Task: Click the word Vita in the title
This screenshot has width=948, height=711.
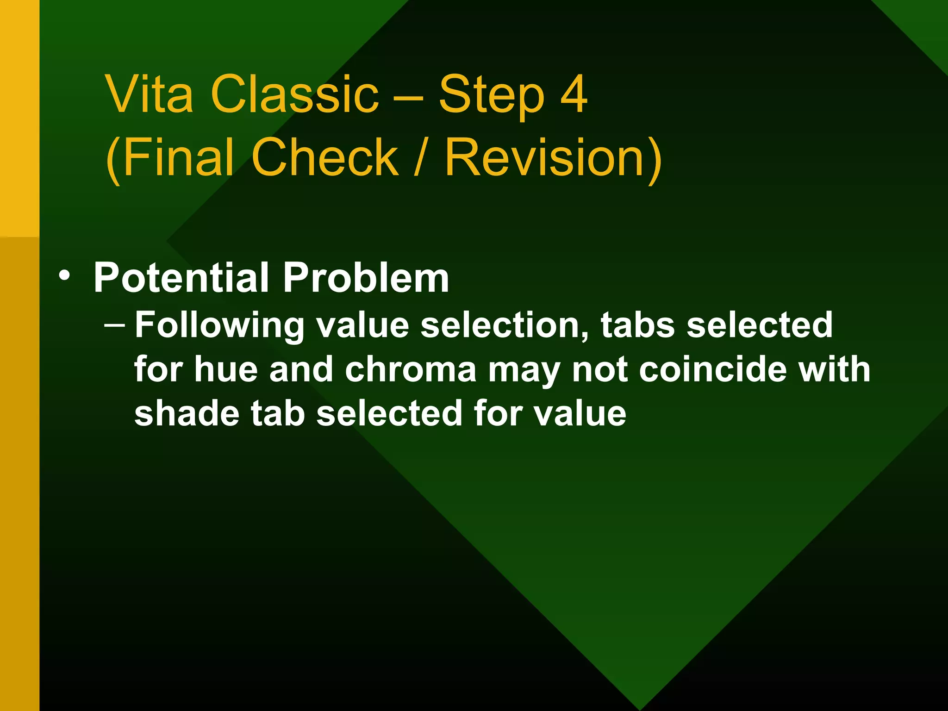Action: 149,94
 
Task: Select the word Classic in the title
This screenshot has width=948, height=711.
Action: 294,94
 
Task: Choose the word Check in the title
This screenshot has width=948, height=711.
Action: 325,157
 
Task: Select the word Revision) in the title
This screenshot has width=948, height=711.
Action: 553,157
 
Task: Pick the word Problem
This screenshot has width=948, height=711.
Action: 366,278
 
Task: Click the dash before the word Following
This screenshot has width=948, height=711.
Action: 114,324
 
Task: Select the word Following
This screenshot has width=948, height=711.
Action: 220,325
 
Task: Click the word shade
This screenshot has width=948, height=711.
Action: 187,413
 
